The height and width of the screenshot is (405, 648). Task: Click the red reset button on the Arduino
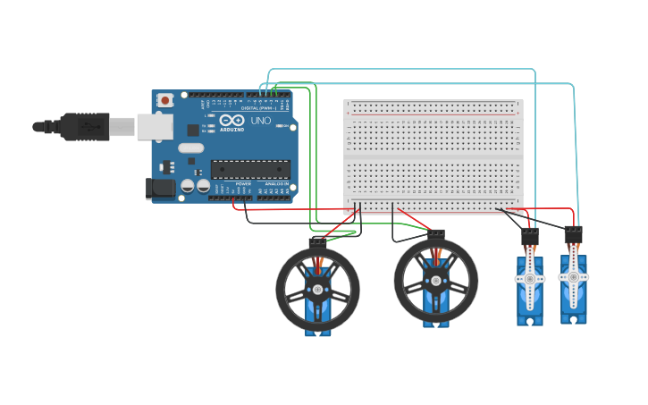(x=164, y=102)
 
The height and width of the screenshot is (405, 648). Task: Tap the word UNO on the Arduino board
(x=260, y=121)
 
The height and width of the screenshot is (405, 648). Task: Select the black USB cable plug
(x=85, y=127)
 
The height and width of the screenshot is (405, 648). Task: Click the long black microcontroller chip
(x=250, y=169)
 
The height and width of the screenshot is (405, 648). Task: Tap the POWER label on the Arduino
(x=243, y=183)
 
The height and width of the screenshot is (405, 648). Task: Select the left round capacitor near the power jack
(x=189, y=187)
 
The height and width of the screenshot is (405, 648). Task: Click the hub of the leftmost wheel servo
(x=317, y=289)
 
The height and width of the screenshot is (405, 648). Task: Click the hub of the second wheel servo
(x=435, y=281)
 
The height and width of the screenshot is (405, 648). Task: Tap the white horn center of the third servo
(x=529, y=279)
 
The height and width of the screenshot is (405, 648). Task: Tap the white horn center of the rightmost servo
(x=573, y=276)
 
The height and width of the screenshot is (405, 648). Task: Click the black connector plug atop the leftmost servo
(x=317, y=242)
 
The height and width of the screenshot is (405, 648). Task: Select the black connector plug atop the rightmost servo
(x=573, y=235)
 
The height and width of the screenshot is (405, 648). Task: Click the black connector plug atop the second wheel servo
(x=435, y=234)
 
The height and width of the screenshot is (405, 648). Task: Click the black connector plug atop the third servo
(x=530, y=237)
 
